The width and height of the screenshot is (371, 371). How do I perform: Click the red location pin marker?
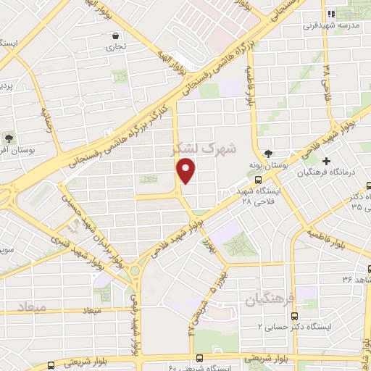click(187, 170)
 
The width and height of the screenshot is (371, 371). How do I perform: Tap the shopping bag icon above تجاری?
click(114, 35)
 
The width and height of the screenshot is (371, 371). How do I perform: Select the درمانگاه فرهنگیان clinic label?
click(328, 172)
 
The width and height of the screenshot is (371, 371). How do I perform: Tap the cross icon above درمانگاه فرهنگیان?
click(327, 160)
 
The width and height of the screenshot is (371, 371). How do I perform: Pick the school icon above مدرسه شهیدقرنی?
click(330, 14)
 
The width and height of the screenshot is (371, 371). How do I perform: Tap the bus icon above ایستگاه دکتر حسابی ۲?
click(294, 316)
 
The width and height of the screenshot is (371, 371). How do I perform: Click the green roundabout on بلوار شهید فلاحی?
click(134, 271)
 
